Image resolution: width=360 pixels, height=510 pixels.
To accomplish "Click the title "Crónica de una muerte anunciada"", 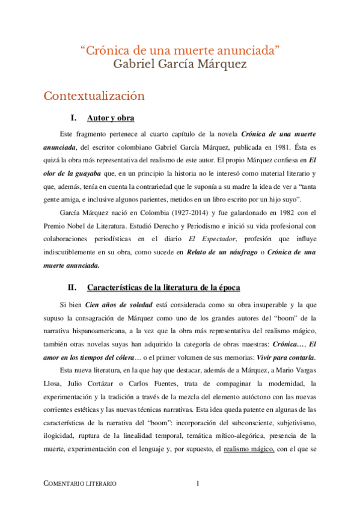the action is pyautogui.click(x=180, y=51).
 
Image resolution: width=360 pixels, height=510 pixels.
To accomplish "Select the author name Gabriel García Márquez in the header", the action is pyautogui.click(x=180, y=64).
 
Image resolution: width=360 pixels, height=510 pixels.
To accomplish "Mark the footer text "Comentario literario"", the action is pyautogui.click(x=81, y=484).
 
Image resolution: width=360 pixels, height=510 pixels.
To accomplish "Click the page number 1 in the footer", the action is pyautogui.click(x=198, y=484).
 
